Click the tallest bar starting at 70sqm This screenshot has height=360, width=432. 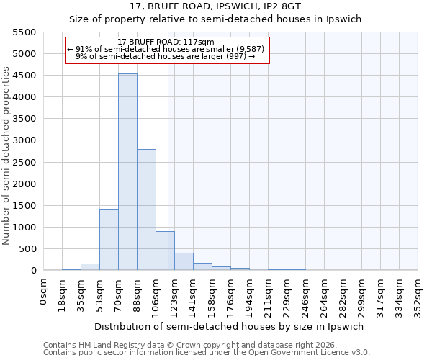point(127,172)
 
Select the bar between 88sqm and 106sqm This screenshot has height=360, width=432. point(146,210)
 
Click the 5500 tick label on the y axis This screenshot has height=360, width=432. point(24,32)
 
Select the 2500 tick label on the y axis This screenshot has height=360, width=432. point(24,163)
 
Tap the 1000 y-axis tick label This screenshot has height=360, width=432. point(24,228)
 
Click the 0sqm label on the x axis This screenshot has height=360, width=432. point(44,293)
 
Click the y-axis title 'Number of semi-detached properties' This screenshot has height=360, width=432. point(6,156)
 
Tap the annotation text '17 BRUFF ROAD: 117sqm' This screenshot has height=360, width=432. point(166,42)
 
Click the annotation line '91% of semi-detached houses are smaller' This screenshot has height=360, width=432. point(166,49)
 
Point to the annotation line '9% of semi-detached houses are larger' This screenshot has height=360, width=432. point(166,56)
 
